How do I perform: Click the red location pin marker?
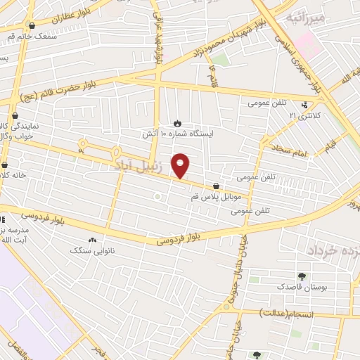pyautogui.click(x=181, y=165)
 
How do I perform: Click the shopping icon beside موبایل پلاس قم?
pyautogui.click(x=216, y=187)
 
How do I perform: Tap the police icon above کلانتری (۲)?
pyautogui.click(x=304, y=105)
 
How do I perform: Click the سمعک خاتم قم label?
pyautogui.click(x=32, y=35)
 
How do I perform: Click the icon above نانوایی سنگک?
pyautogui.click(x=94, y=240)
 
